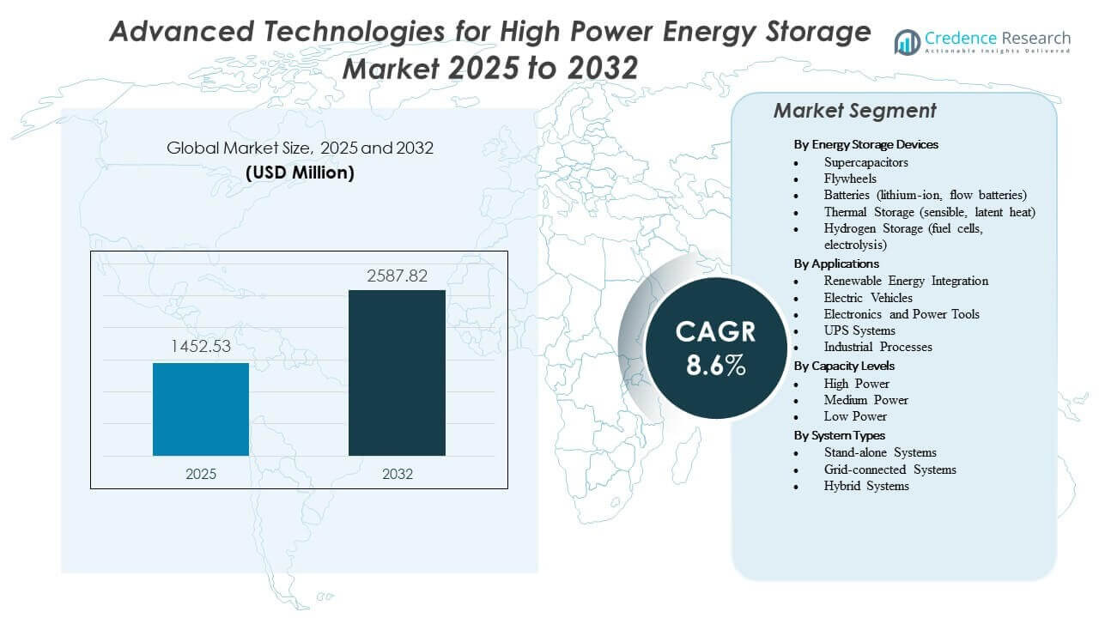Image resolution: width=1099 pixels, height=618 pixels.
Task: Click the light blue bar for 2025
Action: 201,409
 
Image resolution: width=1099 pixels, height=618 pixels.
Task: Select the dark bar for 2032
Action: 397,373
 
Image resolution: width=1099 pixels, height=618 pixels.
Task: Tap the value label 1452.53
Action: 201,347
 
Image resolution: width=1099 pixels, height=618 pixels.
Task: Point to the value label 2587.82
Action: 397,276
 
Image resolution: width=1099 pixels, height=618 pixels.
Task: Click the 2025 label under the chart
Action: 201,474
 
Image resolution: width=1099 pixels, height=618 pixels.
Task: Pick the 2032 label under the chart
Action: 397,474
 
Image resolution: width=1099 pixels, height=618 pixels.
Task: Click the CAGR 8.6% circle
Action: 715,348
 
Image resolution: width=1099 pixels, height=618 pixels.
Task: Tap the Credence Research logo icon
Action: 907,41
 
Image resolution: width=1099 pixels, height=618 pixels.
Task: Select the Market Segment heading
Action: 854,111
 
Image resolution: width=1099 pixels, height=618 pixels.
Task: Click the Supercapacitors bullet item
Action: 865,162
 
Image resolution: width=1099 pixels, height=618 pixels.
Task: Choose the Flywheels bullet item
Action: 850,179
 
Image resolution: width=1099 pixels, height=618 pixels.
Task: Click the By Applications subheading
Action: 836,264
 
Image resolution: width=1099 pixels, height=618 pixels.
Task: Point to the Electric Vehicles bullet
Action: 868,298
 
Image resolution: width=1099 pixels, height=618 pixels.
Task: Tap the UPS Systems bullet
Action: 859,330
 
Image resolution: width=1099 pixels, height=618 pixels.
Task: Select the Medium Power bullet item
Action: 865,400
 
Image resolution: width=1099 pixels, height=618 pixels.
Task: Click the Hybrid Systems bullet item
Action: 865,486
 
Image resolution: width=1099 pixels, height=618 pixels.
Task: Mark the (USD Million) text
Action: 300,173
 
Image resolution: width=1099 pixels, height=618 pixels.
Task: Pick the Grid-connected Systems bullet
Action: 890,470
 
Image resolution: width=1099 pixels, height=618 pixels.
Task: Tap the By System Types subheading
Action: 839,435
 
